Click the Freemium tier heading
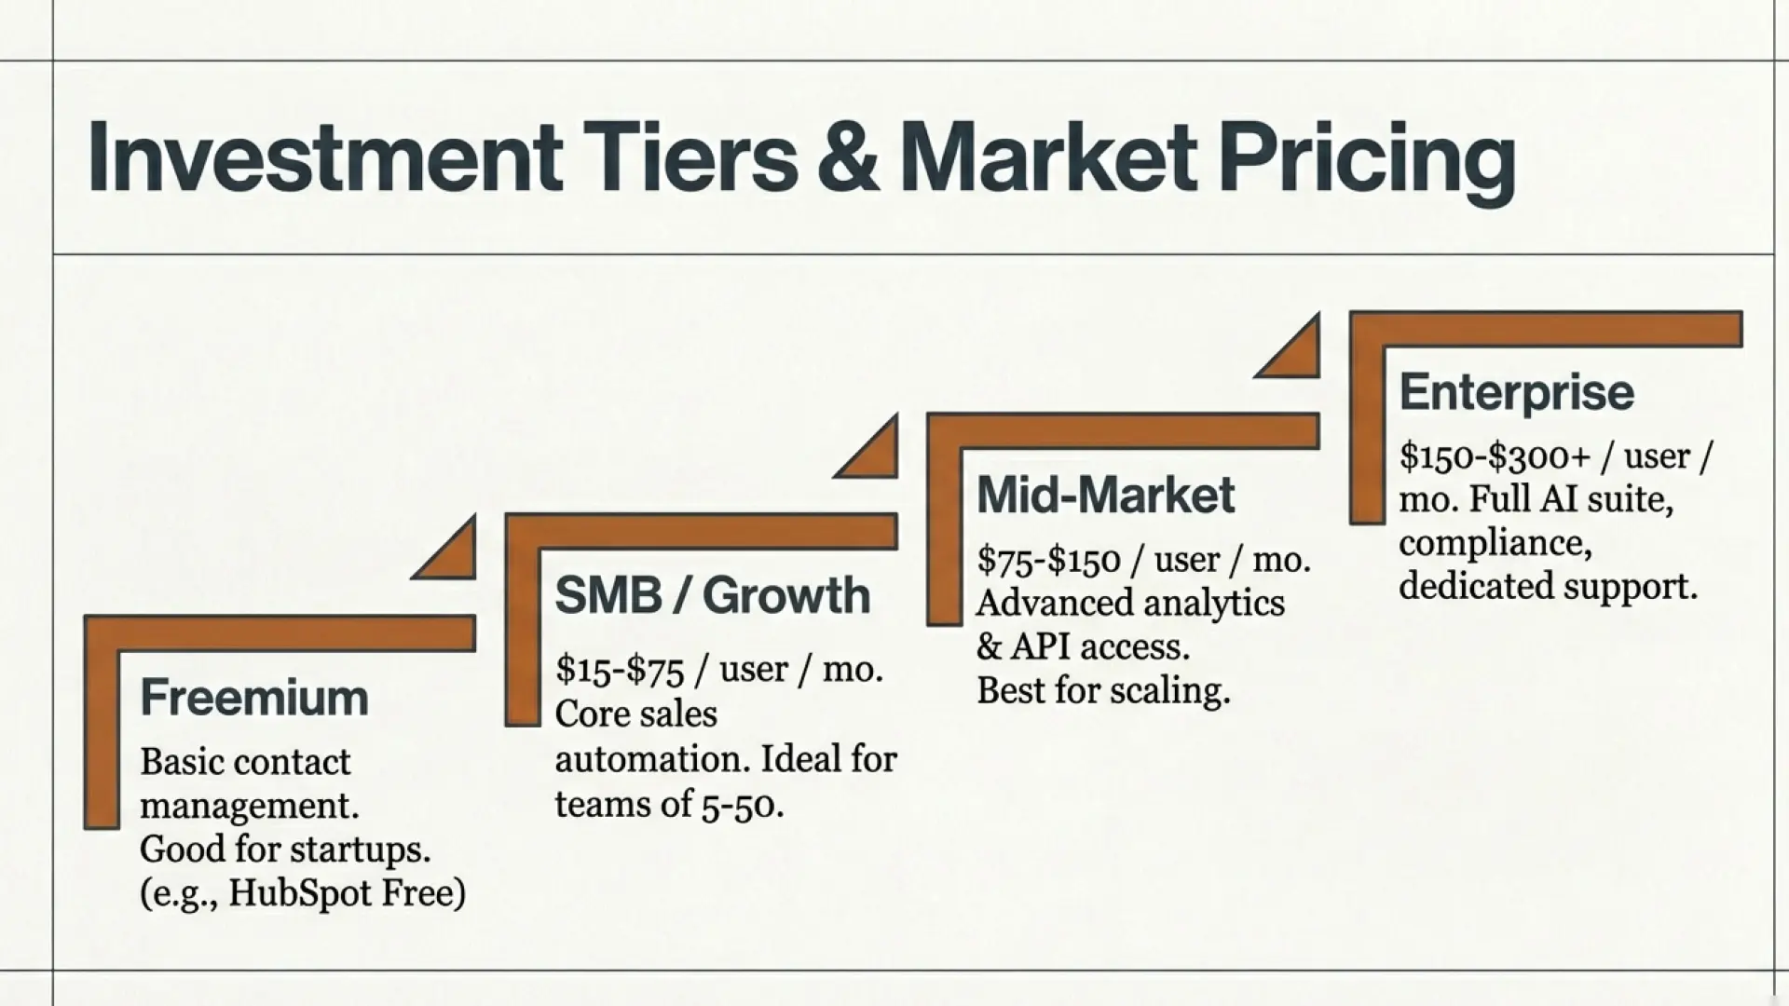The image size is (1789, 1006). (x=253, y=698)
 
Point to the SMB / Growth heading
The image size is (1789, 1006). (x=712, y=595)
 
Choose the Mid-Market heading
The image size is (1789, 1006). (x=1105, y=495)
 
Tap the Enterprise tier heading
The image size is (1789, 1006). (x=1516, y=392)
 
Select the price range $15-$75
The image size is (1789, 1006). (x=619, y=670)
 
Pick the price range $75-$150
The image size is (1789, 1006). (x=1048, y=560)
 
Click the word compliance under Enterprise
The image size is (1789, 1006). (x=1495, y=543)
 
